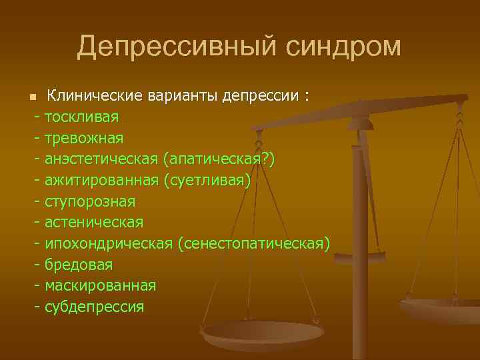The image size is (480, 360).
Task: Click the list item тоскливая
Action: click(81, 117)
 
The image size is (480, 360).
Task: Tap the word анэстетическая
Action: click(101, 159)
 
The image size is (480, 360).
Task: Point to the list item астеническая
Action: click(93, 223)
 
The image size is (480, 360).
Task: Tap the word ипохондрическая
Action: click(109, 245)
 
